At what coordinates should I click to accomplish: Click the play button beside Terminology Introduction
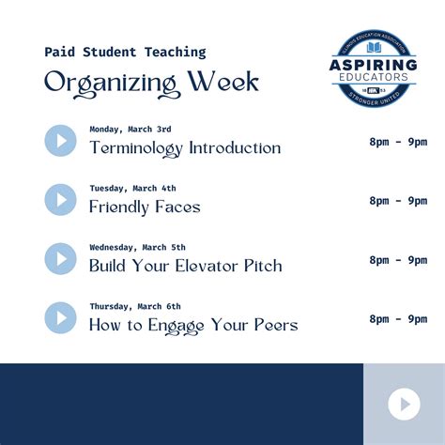(60, 141)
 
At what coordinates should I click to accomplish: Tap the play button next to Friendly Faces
(60, 200)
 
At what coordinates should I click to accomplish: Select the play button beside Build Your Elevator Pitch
(60, 259)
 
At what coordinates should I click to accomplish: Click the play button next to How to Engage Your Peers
(60, 317)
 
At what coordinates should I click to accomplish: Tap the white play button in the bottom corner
(404, 404)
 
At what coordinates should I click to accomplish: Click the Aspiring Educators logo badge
(375, 71)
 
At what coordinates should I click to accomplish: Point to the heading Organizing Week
(151, 83)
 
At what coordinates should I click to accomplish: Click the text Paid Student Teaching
(125, 53)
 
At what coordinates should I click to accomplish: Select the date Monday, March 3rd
(130, 129)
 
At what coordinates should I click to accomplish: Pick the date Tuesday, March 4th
(132, 188)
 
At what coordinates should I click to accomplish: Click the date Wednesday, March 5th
(137, 247)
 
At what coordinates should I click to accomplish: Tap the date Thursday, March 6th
(135, 306)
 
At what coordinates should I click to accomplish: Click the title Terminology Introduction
(185, 147)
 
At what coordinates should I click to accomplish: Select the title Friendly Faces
(145, 207)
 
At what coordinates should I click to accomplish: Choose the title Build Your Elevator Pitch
(185, 266)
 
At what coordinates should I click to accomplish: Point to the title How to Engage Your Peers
(193, 325)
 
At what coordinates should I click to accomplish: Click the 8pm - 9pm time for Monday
(398, 142)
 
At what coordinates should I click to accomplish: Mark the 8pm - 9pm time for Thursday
(398, 318)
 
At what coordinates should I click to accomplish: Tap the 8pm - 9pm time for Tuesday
(398, 201)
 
